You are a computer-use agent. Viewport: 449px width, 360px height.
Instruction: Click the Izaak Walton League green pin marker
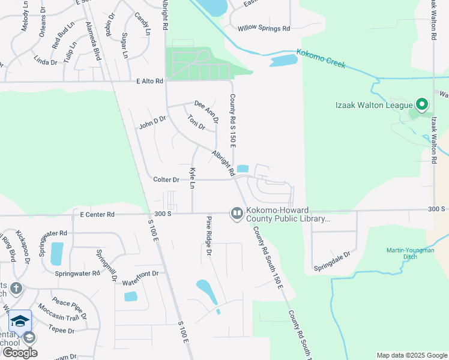click(x=421, y=105)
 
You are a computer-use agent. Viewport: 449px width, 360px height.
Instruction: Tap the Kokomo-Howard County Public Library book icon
click(x=237, y=214)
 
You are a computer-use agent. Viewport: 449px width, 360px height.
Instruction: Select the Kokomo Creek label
click(x=321, y=59)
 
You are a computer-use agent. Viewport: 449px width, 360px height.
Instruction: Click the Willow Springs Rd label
click(x=264, y=28)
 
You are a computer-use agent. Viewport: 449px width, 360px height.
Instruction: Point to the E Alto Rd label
click(x=150, y=81)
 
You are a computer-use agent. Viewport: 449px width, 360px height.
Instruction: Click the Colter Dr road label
click(x=166, y=179)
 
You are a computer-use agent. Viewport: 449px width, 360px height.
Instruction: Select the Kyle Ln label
click(x=193, y=179)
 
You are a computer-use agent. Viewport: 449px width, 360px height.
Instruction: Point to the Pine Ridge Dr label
click(x=209, y=236)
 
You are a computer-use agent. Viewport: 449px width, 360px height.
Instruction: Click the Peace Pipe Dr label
click(x=70, y=307)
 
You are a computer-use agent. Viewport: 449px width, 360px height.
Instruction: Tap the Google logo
click(x=19, y=352)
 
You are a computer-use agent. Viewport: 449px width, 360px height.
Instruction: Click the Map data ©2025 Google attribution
click(x=411, y=355)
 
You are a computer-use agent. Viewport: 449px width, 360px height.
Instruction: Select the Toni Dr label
click(x=196, y=122)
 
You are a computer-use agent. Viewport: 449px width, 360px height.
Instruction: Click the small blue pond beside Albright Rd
click(x=243, y=169)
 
